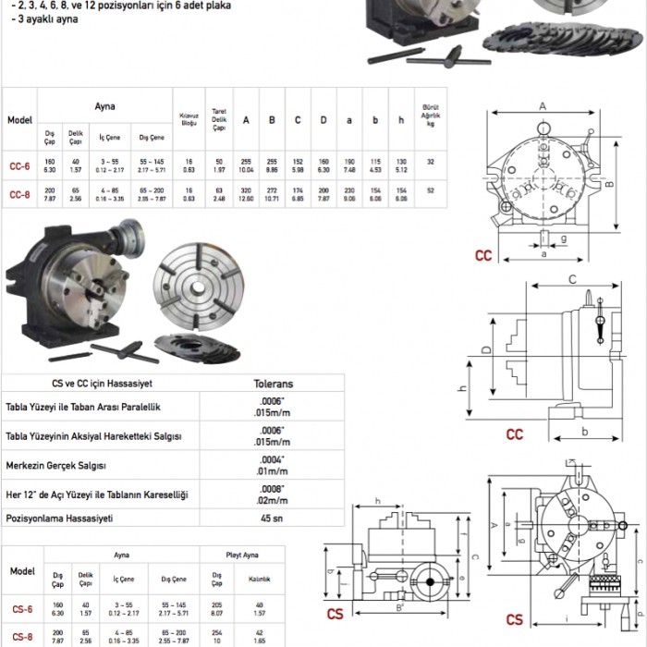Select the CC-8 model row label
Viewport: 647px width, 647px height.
[19, 194]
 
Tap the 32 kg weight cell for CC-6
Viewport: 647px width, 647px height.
[431, 162]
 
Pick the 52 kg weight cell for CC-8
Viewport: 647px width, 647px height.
[431, 189]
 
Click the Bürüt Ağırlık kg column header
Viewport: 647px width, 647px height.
[430, 115]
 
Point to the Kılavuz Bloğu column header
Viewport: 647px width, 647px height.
[189, 119]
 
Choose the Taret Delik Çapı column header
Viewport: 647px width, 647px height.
[219, 119]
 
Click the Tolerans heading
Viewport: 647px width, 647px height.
[273, 383]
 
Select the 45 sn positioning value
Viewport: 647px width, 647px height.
[272, 518]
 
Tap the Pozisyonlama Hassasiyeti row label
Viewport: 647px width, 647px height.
[59, 519]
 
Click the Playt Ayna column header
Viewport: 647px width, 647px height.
[242, 556]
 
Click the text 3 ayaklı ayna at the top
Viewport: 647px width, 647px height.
[36, 19]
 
